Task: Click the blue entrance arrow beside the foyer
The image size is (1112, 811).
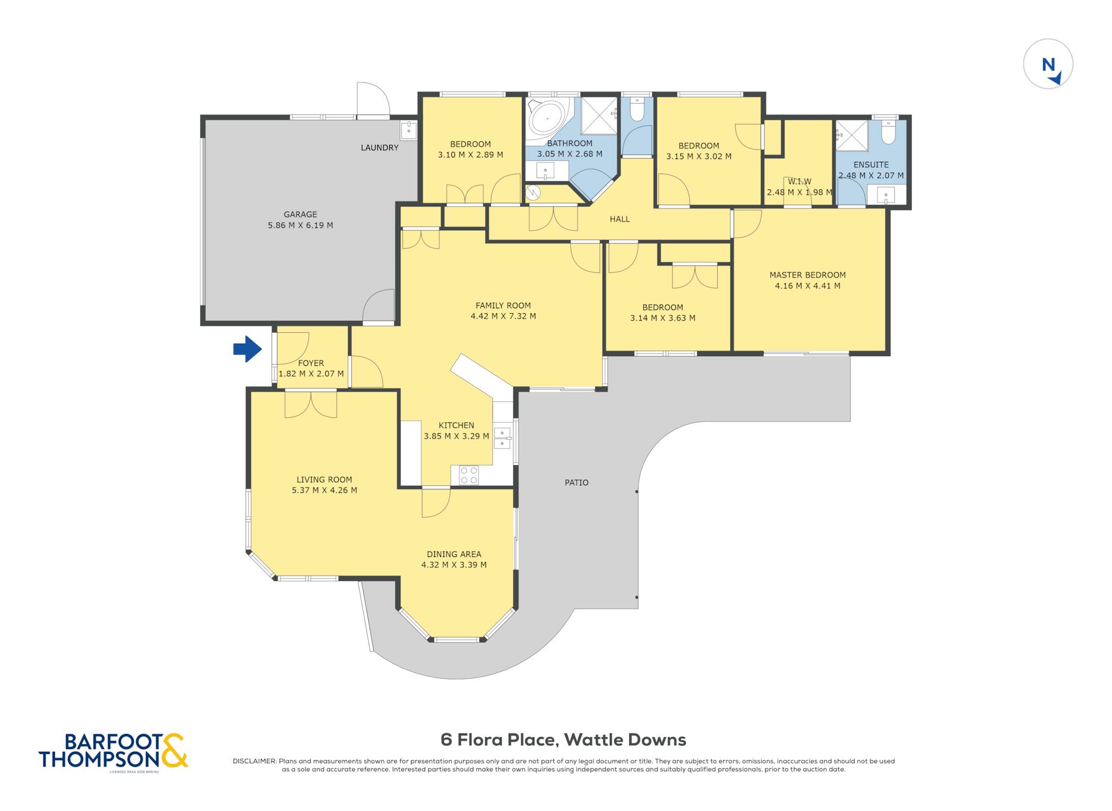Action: click(x=248, y=349)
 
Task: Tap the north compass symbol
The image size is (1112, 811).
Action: click(x=1048, y=64)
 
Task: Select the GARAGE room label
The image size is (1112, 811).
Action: click(x=300, y=214)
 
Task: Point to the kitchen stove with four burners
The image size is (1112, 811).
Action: click(x=469, y=476)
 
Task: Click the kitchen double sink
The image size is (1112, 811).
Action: click(x=502, y=438)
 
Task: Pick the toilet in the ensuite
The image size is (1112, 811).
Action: click(x=888, y=132)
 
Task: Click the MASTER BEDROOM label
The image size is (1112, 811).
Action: click(x=807, y=275)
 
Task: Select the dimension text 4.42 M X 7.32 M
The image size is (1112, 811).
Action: click(x=503, y=316)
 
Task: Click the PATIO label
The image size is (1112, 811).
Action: click(x=577, y=483)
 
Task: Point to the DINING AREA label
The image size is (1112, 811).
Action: click(x=454, y=554)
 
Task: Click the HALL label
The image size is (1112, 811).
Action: click(x=620, y=219)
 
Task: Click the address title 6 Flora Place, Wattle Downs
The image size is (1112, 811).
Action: click(x=563, y=740)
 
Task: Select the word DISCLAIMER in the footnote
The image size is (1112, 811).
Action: click(x=254, y=761)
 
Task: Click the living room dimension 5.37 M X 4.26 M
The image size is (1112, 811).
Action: click(x=324, y=490)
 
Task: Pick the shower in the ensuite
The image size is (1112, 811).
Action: click(x=851, y=136)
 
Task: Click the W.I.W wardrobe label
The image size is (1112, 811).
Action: click(x=799, y=182)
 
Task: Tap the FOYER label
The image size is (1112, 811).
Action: click(x=311, y=363)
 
